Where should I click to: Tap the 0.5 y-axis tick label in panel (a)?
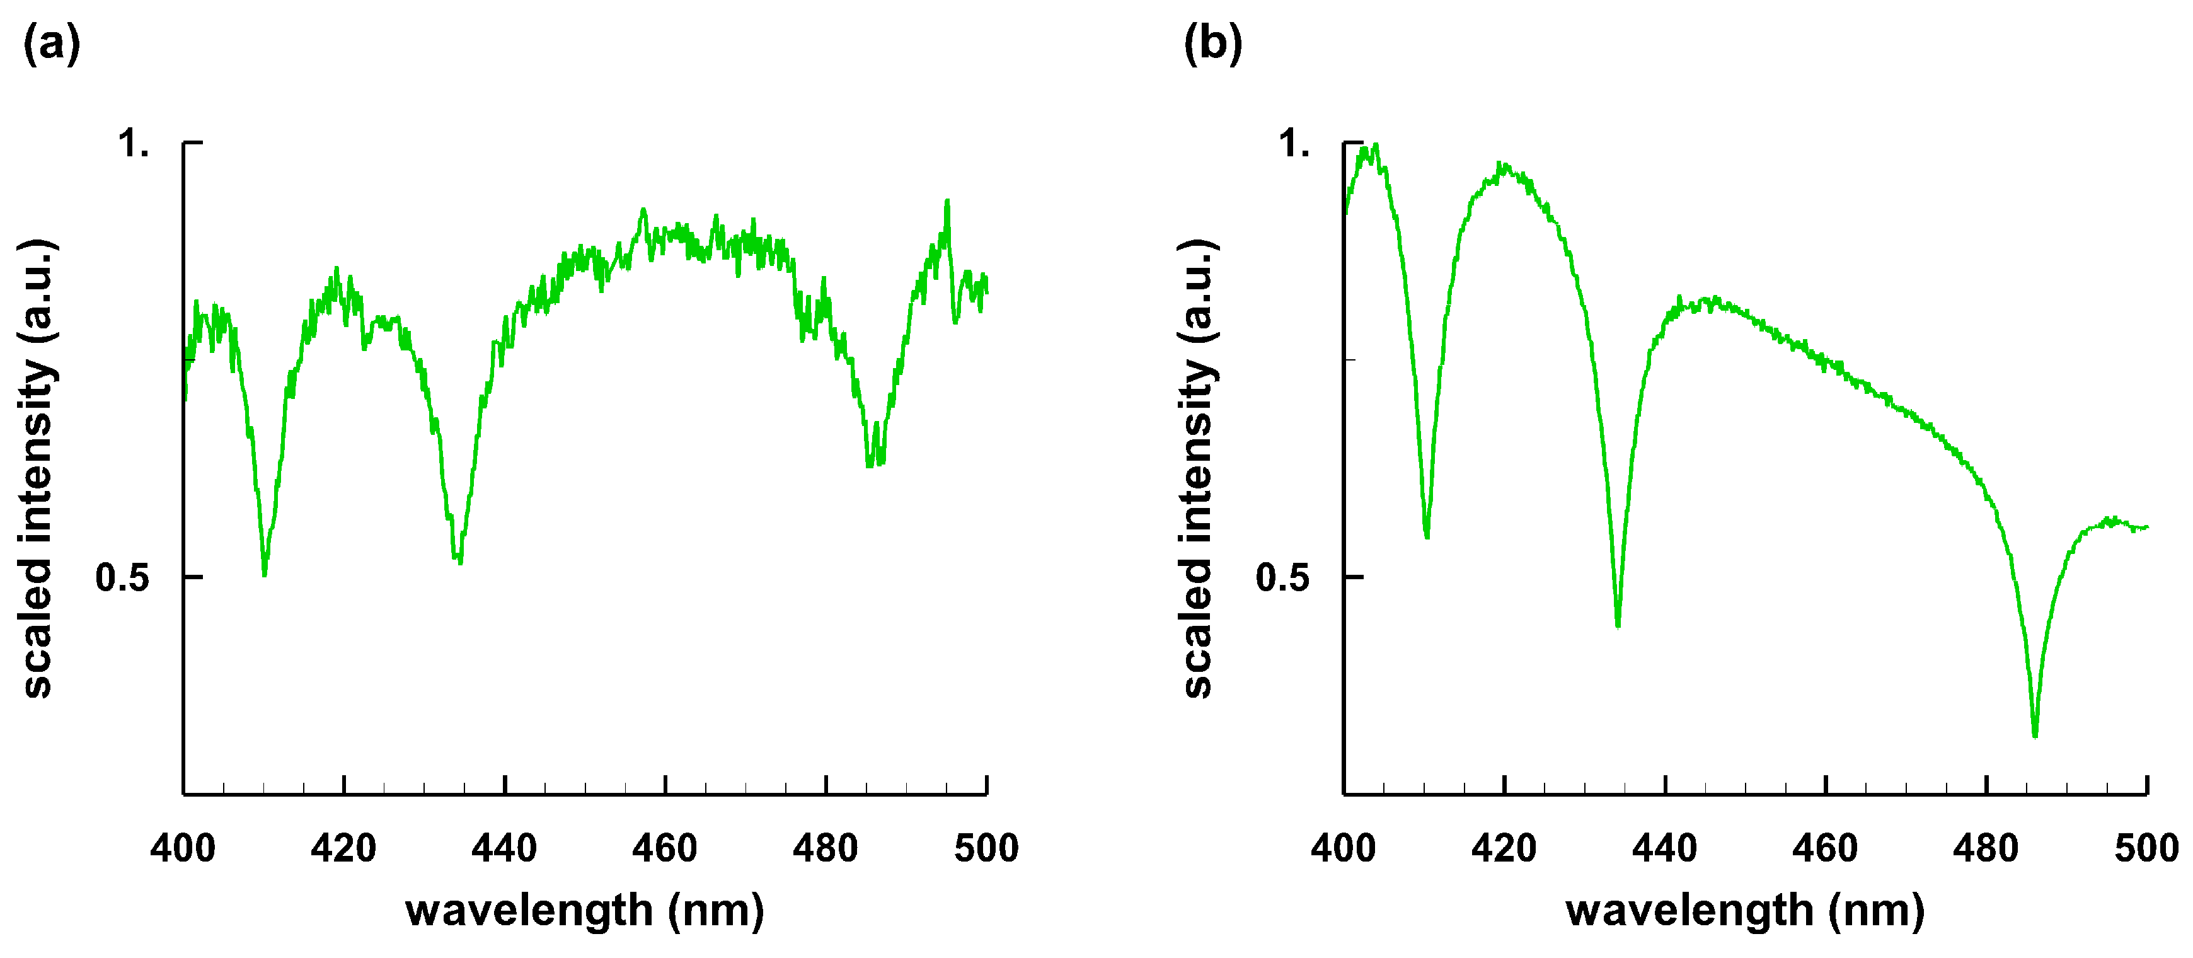click(122, 577)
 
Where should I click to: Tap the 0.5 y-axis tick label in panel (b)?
click(1282, 577)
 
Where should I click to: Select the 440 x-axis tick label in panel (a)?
click(505, 848)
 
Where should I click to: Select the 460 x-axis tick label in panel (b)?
click(1825, 848)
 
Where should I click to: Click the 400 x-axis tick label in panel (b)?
click(1344, 848)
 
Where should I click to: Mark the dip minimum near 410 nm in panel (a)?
click(265, 575)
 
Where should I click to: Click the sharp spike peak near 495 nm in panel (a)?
click(947, 201)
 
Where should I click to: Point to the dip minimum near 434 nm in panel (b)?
click(1618, 626)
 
